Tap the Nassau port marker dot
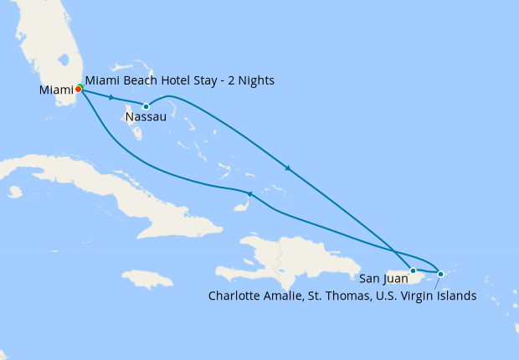tap(146, 106)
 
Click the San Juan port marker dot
tap(413, 270)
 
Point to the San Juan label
tap(383, 279)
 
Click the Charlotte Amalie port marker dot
tap(441, 274)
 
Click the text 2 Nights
tap(252, 80)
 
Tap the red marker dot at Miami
tap(78, 89)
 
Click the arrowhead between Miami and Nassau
tap(111, 98)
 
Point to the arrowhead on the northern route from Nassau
tap(288, 169)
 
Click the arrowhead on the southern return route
tap(249, 194)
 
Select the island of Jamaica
tap(146, 278)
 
